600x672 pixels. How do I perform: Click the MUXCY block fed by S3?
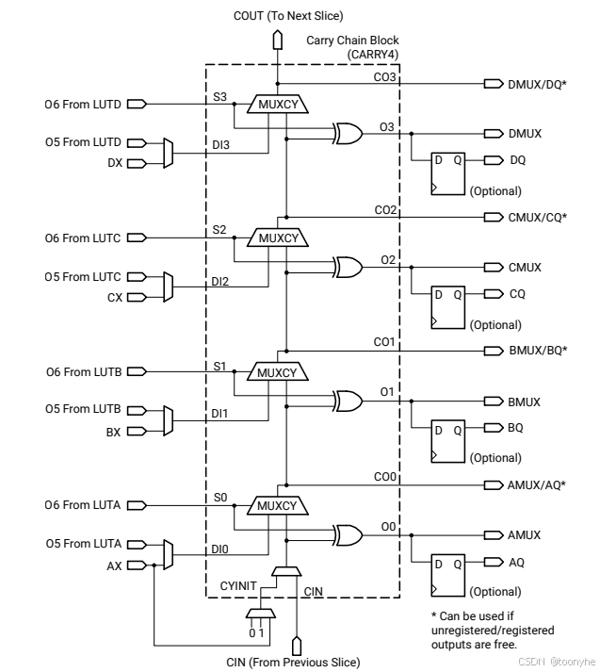(x=278, y=104)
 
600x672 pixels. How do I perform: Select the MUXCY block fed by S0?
(x=278, y=506)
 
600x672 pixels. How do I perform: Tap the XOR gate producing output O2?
(x=349, y=268)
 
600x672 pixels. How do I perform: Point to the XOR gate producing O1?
(x=349, y=402)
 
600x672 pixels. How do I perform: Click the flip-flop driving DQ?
(x=448, y=173)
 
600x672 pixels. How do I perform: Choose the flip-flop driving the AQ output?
(x=448, y=575)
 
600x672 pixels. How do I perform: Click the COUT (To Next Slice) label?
(x=288, y=16)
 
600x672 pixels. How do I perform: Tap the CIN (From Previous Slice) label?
(x=293, y=663)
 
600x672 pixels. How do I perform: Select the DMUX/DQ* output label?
(x=537, y=85)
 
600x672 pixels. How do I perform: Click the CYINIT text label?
(x=238, y=586)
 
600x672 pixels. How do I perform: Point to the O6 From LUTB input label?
(x=84, y=372)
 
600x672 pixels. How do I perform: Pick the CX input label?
(x=115, y=298)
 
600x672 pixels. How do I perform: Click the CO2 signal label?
(x=385, y=210)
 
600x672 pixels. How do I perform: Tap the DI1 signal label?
(x=219, y=414)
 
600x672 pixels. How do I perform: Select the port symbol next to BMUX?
(x=494, y=402)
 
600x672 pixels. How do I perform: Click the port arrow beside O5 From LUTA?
(x=137, y=545)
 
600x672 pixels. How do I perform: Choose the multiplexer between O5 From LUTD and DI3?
(x=169, y=153)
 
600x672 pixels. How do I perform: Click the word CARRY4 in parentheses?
(x=373, y=55)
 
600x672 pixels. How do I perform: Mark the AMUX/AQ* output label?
(x=536, y=485)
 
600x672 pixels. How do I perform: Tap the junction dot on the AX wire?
(x=154, y=565)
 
